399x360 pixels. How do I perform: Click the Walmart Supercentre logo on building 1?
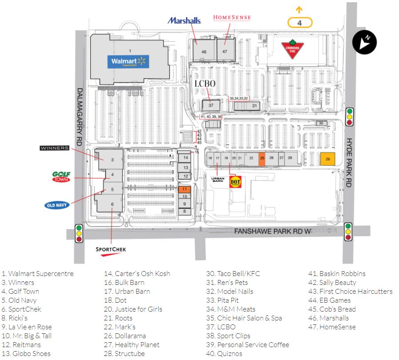[x=128, y=62]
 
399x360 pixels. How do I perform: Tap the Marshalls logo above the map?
[x=184, y=21]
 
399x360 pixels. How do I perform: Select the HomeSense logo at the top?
[x=232, y=17]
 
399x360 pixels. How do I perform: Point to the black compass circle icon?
[x=364, y=43]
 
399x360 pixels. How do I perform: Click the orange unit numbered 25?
[x=262, y=158]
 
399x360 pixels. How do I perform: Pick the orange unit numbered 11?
[x=184, y=189]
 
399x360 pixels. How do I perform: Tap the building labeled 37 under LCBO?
[x=211, y=105]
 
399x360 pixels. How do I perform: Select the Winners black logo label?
[x=55, y=148]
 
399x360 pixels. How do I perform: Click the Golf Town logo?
[x=61, y=177]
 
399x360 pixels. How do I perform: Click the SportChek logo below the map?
[x=111, y=250]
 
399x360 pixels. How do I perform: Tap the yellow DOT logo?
[x=235, y=182]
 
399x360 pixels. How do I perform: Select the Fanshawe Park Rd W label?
[x=271, y=231]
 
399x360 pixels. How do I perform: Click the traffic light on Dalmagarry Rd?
[x=80, y=232]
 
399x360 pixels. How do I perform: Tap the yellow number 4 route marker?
[x=300, y=22]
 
